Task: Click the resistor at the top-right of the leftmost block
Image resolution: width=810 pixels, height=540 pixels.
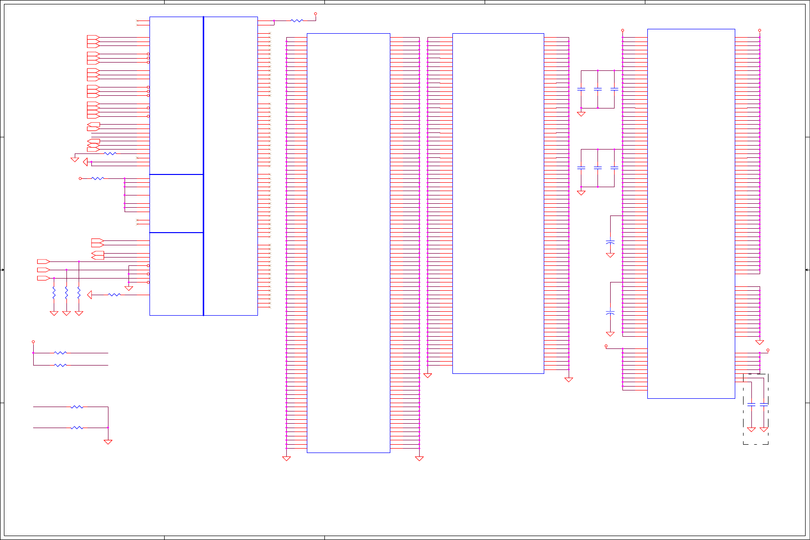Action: pyautogui.click(x=297, y=21)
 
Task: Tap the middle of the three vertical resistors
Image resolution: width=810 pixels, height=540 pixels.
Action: pyautogui.click(x=66, y=293)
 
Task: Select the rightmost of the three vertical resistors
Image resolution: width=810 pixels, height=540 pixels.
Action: pyautogui.click(x=79, y=293)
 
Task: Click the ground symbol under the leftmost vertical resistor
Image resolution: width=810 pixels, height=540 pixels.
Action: pyautogui.click(x=54, y=313)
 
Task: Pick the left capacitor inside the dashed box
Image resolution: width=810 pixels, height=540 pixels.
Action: pyautogui.click(x=751, y=405)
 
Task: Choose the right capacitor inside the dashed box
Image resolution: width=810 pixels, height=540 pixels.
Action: pyautogui.click(x=764, y=405)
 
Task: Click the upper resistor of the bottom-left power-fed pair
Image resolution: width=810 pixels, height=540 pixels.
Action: pyautogui.click(x=61, y=353)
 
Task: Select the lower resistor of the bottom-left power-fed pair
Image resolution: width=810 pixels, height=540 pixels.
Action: pyautogui.click(x=61, y=365)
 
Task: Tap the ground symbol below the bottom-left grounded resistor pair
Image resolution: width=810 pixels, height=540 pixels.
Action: pyautogui.click(x=108, y=442)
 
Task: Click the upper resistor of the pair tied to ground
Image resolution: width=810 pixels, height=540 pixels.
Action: pyautogui.click(x=77, y=407)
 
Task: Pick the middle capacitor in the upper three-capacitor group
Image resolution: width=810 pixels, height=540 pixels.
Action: pyautogui.click(x=597, y=89)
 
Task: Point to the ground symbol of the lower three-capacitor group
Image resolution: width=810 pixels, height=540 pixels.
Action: pyautogui.click(x=581, y=193)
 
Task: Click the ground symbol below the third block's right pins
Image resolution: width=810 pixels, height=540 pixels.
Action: pyautogui.click(x=569, y=380)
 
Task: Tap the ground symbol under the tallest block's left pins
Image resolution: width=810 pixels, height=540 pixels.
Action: pyautogui.click(x=286, y=458)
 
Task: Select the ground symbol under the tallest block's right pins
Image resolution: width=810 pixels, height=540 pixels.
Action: pyautogui.click(x=419, y=458)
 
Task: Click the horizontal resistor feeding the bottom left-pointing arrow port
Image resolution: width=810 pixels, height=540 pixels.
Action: pyautogui.click(x=114, y=295)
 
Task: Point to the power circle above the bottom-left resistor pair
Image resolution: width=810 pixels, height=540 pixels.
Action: pyautogui.click(x=33, y=342)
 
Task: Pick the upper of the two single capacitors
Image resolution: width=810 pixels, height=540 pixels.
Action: pyautogui.click(x=610, y=242)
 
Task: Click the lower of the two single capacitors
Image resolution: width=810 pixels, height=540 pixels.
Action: pyautogui.click(x=610, y=312)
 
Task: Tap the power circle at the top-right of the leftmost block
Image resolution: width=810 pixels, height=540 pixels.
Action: pyautogui.click(x=316, y=14)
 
